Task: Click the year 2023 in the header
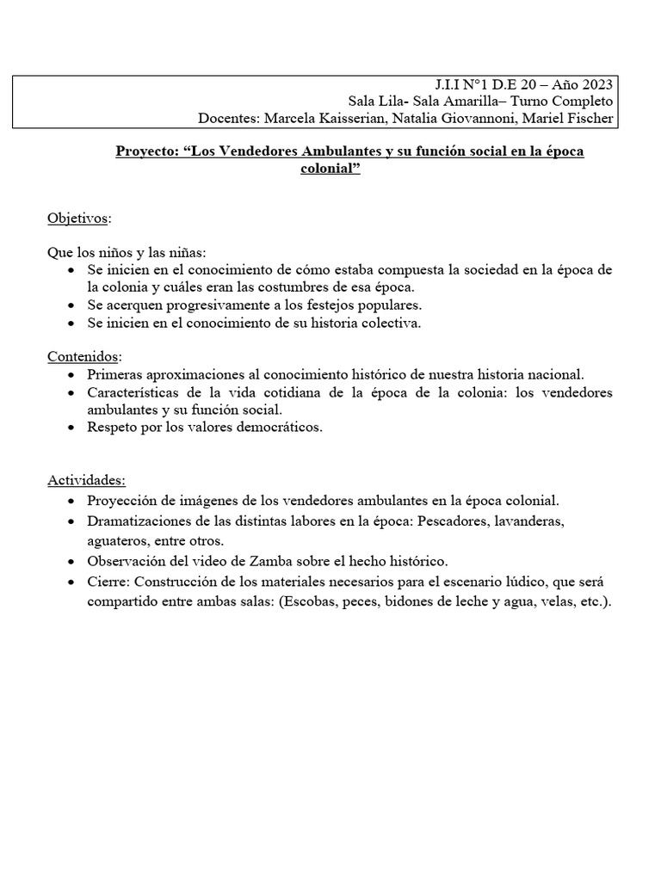[x=596, y=83]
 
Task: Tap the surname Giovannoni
[x=494, y=118]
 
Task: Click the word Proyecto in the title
[x=146, y=151]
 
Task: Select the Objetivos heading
[x=77, y=219]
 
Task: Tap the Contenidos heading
[x=83, y=356]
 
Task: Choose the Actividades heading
[x=86, y=480]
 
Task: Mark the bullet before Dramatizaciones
[x=70, y=521]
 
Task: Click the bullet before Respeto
[x=70, y=427]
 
